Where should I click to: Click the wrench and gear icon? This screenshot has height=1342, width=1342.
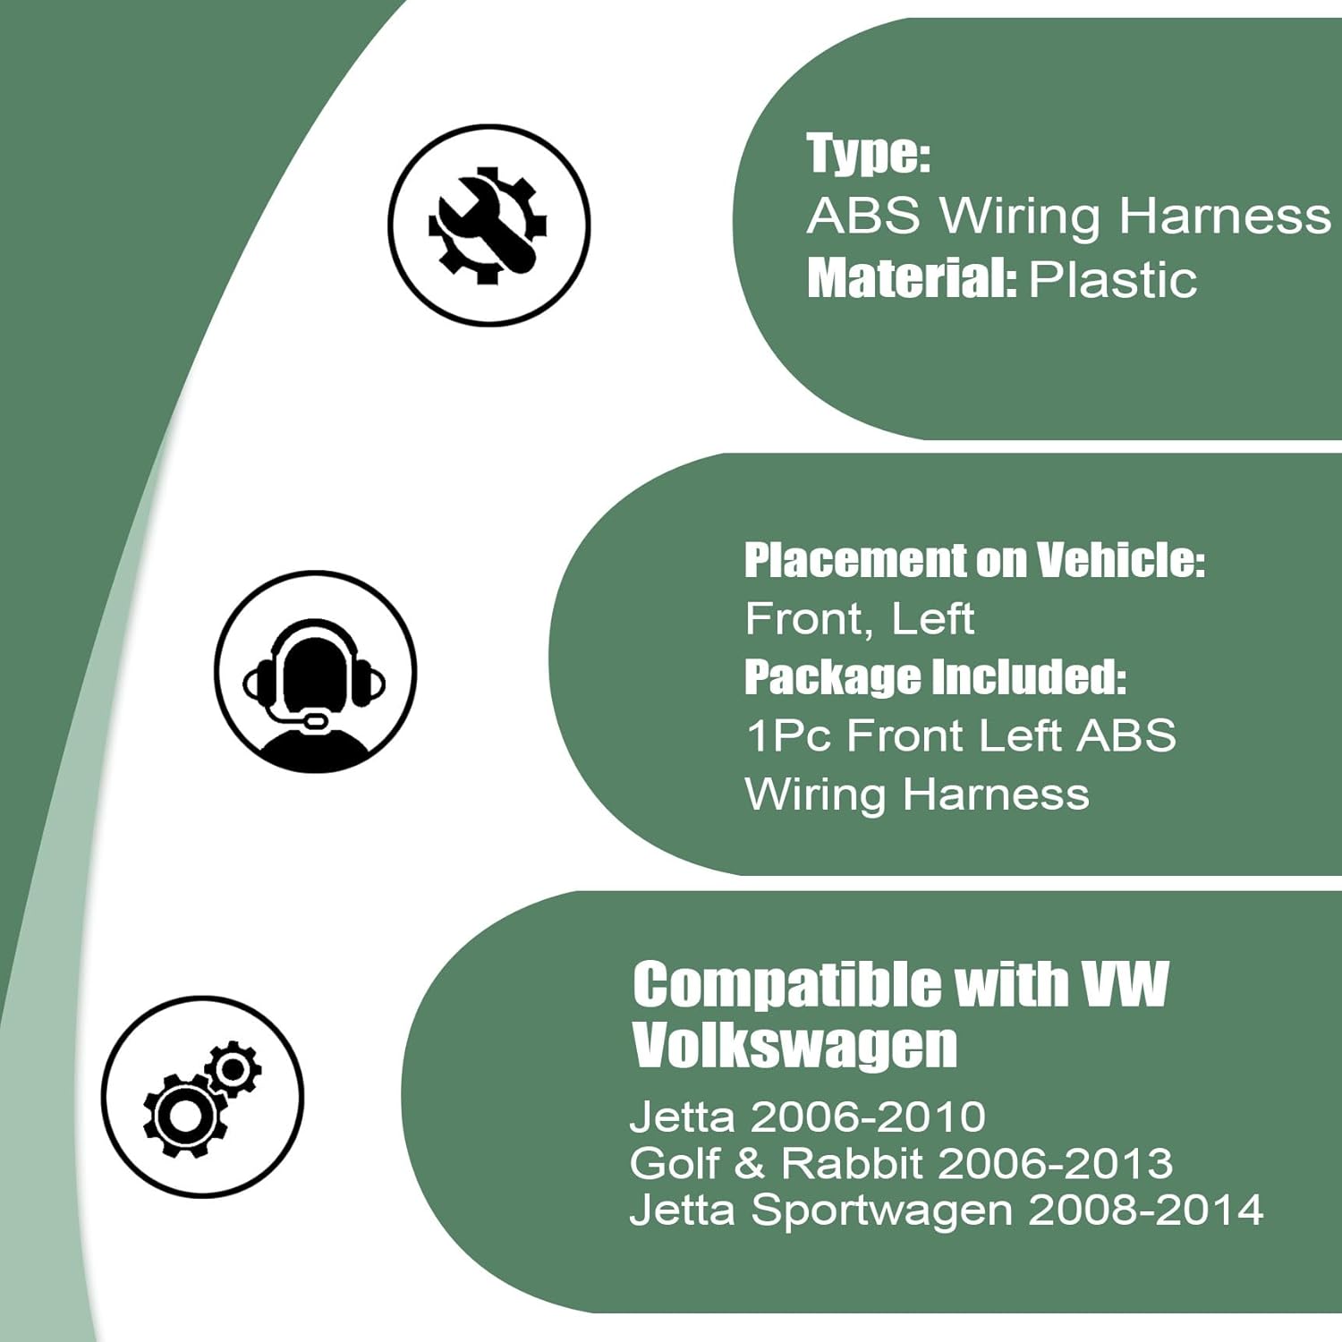(x=488, y=225)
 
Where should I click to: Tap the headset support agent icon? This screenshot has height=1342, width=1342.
(x=315, y=672)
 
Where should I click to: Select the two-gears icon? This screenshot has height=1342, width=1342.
(x=203, y=1097)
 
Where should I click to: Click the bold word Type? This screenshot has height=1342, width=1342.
(x=868, y=153)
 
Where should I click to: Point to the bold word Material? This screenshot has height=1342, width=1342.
(x=911, y=278)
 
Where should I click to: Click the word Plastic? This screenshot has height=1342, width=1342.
(x=1112, y=280)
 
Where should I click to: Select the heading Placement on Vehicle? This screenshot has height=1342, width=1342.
(x=974, y=560)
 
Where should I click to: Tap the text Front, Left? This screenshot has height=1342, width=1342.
(x=859, y=619)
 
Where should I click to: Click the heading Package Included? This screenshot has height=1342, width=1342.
(x=935, y=677)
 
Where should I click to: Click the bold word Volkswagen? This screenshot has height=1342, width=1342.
(x=794, y=1045)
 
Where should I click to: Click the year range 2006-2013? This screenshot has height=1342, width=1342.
(x=1056, y=1163)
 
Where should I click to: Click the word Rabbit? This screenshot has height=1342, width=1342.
(x=851, y=1163)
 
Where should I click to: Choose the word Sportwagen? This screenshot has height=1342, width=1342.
(x=881, y=1210)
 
